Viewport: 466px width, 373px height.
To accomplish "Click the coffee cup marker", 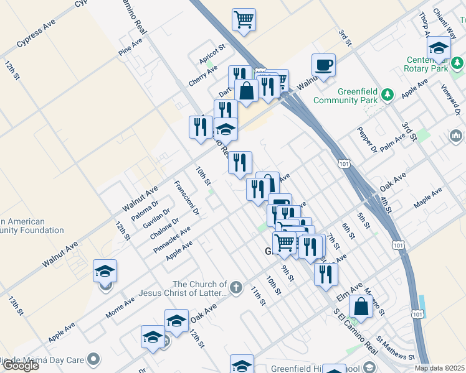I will pyautogui.click(x=324, y=65).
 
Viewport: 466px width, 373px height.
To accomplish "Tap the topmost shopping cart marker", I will pyautogui.click(x=244, y=19).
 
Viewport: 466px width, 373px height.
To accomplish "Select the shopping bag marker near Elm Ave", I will pyautogui.click(x=361, y=306).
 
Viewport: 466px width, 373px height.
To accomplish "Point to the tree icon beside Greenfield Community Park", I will pyautogui.click(x=388, y=94).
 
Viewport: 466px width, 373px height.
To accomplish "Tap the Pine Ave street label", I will pyautogui.click(x=130, y=48).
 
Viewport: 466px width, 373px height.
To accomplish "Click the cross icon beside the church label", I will pyautogui.click(x=235, y=287).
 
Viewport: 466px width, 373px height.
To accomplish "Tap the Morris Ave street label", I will pyautogui.click(x=120, y=308).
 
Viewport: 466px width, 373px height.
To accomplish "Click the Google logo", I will pyautogui.click(x=21, y=366).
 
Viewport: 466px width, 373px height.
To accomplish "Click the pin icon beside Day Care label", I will pyautogui.click(x=93, y=359).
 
